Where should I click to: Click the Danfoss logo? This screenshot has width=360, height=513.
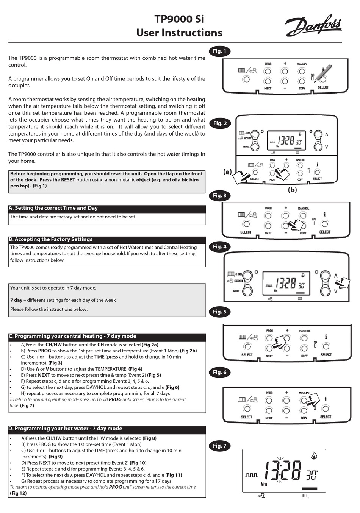[x=313, y=26]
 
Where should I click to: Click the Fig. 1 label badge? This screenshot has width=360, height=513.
[x=219, y=51]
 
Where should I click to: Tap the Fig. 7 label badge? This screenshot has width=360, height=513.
[x=219, y=446]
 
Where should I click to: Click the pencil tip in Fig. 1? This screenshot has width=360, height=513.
[x=316, y=79]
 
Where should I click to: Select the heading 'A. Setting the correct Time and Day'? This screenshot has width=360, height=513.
[x=53, y=208]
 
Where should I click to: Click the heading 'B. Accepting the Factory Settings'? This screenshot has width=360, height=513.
[x=51, y=239]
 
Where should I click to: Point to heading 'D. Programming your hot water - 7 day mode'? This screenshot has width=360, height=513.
[x=65, y=429]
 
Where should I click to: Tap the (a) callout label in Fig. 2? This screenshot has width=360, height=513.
[x=227, y=172]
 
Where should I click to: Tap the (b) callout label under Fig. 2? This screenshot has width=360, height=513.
[x=292, y=190]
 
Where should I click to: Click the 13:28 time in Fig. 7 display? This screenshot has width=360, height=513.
[x=282, y=471]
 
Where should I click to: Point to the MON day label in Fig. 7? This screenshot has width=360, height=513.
[x=264, y=484]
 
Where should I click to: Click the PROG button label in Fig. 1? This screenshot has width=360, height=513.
[x=268, y=64]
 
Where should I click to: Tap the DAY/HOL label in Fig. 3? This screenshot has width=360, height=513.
[x=303, y=209]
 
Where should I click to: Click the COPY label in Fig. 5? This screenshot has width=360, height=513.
[x=304, y=356]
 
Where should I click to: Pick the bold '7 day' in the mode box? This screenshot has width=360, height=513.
[x=16, y=300]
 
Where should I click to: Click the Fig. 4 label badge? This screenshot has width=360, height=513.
[x=219, y=246]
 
